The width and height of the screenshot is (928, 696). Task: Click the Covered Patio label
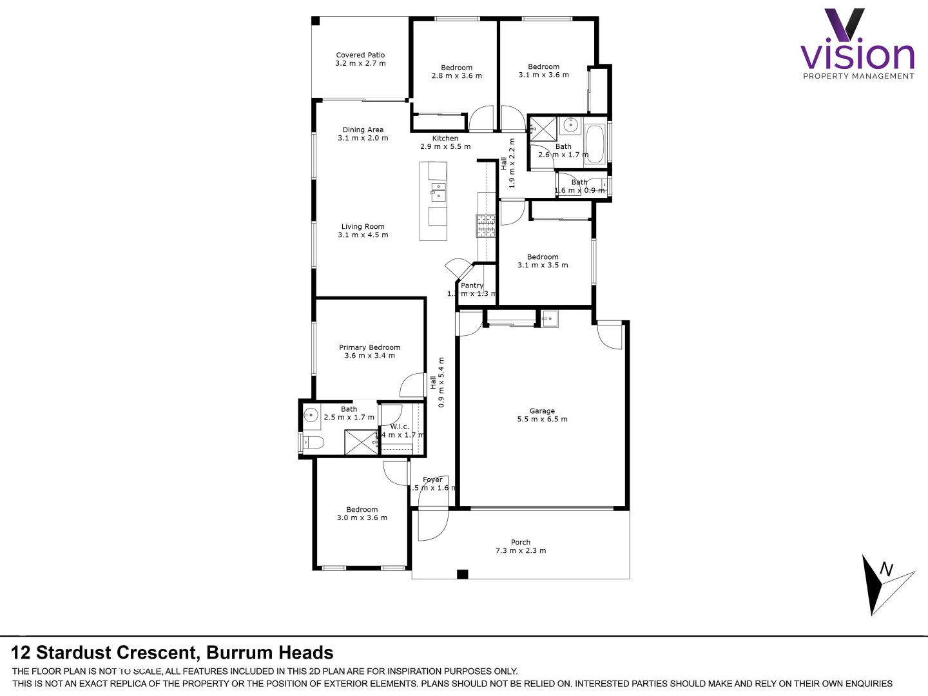[360, 55]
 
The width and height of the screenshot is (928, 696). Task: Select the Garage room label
[542, 411]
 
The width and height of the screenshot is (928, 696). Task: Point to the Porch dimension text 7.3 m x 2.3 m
[520, 551]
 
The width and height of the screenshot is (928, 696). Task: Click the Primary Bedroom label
[369, 347]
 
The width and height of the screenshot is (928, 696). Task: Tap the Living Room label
[363, 227]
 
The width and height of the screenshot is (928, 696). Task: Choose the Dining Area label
[363, 130]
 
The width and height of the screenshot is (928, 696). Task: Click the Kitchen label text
[445, 139]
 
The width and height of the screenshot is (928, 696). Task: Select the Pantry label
[472, 285]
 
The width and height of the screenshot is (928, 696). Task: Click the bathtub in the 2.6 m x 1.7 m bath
[595, 144]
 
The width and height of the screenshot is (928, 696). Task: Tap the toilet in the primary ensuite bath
[313, 443]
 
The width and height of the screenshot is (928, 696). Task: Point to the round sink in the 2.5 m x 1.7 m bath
[311, 414]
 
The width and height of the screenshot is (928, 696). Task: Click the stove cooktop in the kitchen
[486, 226]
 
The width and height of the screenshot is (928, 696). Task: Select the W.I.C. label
[400, 427]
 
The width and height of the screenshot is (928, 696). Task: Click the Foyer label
[432, 480]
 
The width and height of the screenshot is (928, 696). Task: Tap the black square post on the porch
[462, 574]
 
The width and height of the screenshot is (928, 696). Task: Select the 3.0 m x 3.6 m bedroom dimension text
[362, 518]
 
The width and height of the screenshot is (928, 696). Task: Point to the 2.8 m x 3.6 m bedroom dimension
[456, 76]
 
